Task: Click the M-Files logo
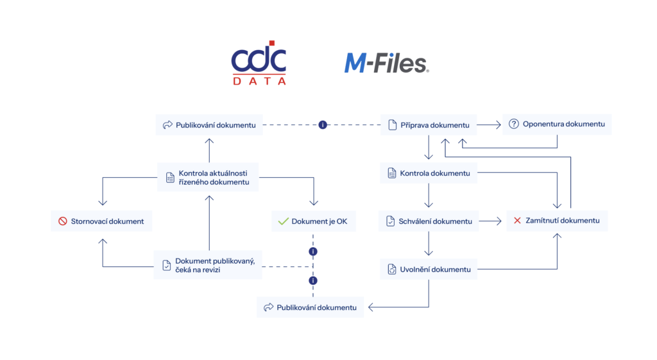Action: (x=386, y=63)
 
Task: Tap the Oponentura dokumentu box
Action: (x=557, y=124)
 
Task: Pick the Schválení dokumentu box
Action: (x=428, y=221)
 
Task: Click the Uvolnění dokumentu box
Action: (x=428, y=270)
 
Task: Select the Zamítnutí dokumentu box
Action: (x=556, y=221)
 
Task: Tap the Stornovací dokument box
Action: (x=101, y=221)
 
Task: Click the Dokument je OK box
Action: (x=313, y=221)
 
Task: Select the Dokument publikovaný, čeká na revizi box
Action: (x=209, y=264)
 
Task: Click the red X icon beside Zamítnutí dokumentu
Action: (x=517, y=221)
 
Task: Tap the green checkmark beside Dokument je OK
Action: (x=283, y=221)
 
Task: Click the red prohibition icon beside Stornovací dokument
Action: (x=63, y=221)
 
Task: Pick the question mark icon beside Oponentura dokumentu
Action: (x=513, y=124)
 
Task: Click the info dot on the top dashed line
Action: (x=323, y=124)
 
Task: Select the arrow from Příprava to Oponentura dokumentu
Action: (x=489, y=124)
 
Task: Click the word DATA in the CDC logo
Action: (x=259, y=81)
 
